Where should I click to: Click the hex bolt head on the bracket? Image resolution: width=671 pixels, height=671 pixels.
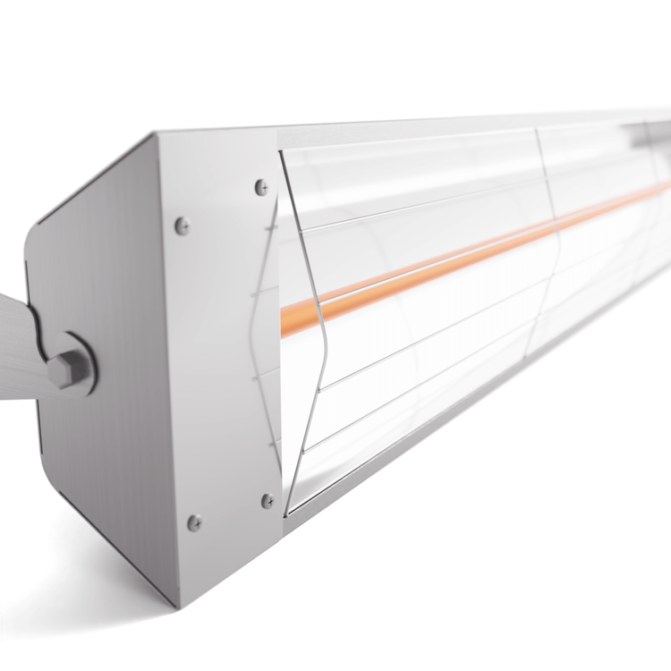[68, 367]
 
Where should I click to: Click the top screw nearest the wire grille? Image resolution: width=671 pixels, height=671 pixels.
[261, 187]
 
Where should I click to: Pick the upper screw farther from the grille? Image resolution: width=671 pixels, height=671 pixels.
[183, 225]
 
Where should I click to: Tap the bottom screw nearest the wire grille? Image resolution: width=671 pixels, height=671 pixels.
[267, 501]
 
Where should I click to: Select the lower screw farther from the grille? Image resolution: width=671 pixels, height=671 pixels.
[193, 522]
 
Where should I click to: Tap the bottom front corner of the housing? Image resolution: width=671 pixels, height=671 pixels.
[178, 603]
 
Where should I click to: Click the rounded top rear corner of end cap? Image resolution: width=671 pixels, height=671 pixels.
[36, 228]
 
